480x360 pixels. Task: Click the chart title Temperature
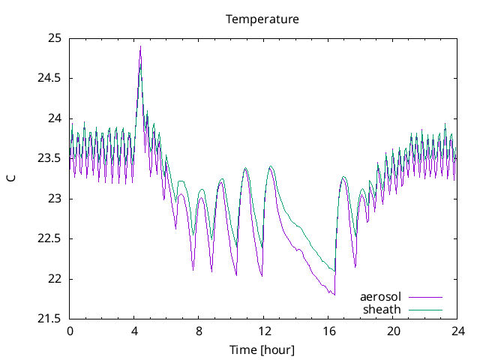coord(262,19)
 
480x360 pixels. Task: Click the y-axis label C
coord(10,178)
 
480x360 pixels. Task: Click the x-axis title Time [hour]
coord(262,349)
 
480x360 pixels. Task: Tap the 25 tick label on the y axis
coord(55,38)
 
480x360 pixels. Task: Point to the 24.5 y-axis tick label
coord(49,78)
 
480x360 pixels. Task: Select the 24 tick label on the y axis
coord(55,118)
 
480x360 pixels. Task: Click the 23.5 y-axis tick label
coord(49,158)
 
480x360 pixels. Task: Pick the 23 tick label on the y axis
coord(55,199)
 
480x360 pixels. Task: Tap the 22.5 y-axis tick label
coord(49,238)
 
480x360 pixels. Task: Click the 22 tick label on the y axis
coord(55,279)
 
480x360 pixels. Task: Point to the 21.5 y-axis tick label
coord(49,319)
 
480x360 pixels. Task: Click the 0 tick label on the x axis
coord(70,331)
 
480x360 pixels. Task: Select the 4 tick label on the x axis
coord(134,331)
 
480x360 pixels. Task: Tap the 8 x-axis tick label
coord(199,331)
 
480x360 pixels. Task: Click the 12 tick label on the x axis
coord(264,331)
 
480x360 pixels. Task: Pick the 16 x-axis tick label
coord(328,331)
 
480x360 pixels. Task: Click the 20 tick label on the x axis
coord(393,331)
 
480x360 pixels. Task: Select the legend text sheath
coord(382,308)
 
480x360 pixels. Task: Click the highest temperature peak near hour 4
coord(140,46)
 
